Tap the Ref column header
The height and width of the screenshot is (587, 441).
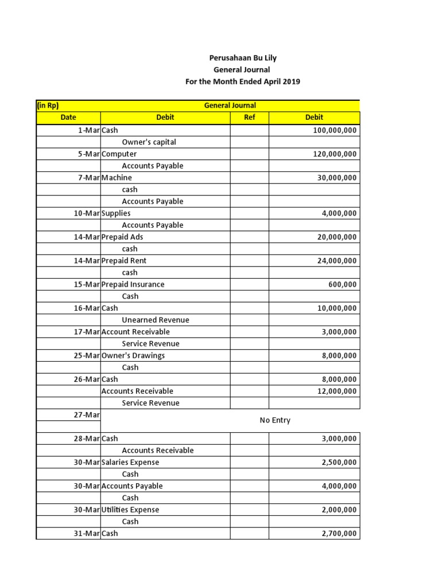pos(249,118)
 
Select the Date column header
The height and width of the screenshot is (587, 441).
pos(68,118)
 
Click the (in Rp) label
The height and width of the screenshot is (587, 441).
pos(48,105)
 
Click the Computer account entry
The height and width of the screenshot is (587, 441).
pos(119,154)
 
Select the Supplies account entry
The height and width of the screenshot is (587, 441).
pos(116,213)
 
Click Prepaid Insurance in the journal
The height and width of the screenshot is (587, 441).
pos(133,284)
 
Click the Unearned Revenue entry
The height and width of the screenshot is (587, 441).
pos(155,320)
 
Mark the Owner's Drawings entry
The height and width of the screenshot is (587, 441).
pos(133,355)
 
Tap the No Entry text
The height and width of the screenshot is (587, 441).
pos(275,420)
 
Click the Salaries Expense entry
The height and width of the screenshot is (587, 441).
pos(130,462)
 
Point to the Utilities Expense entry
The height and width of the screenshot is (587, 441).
pos(130,510)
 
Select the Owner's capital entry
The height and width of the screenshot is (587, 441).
pos(149,142)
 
